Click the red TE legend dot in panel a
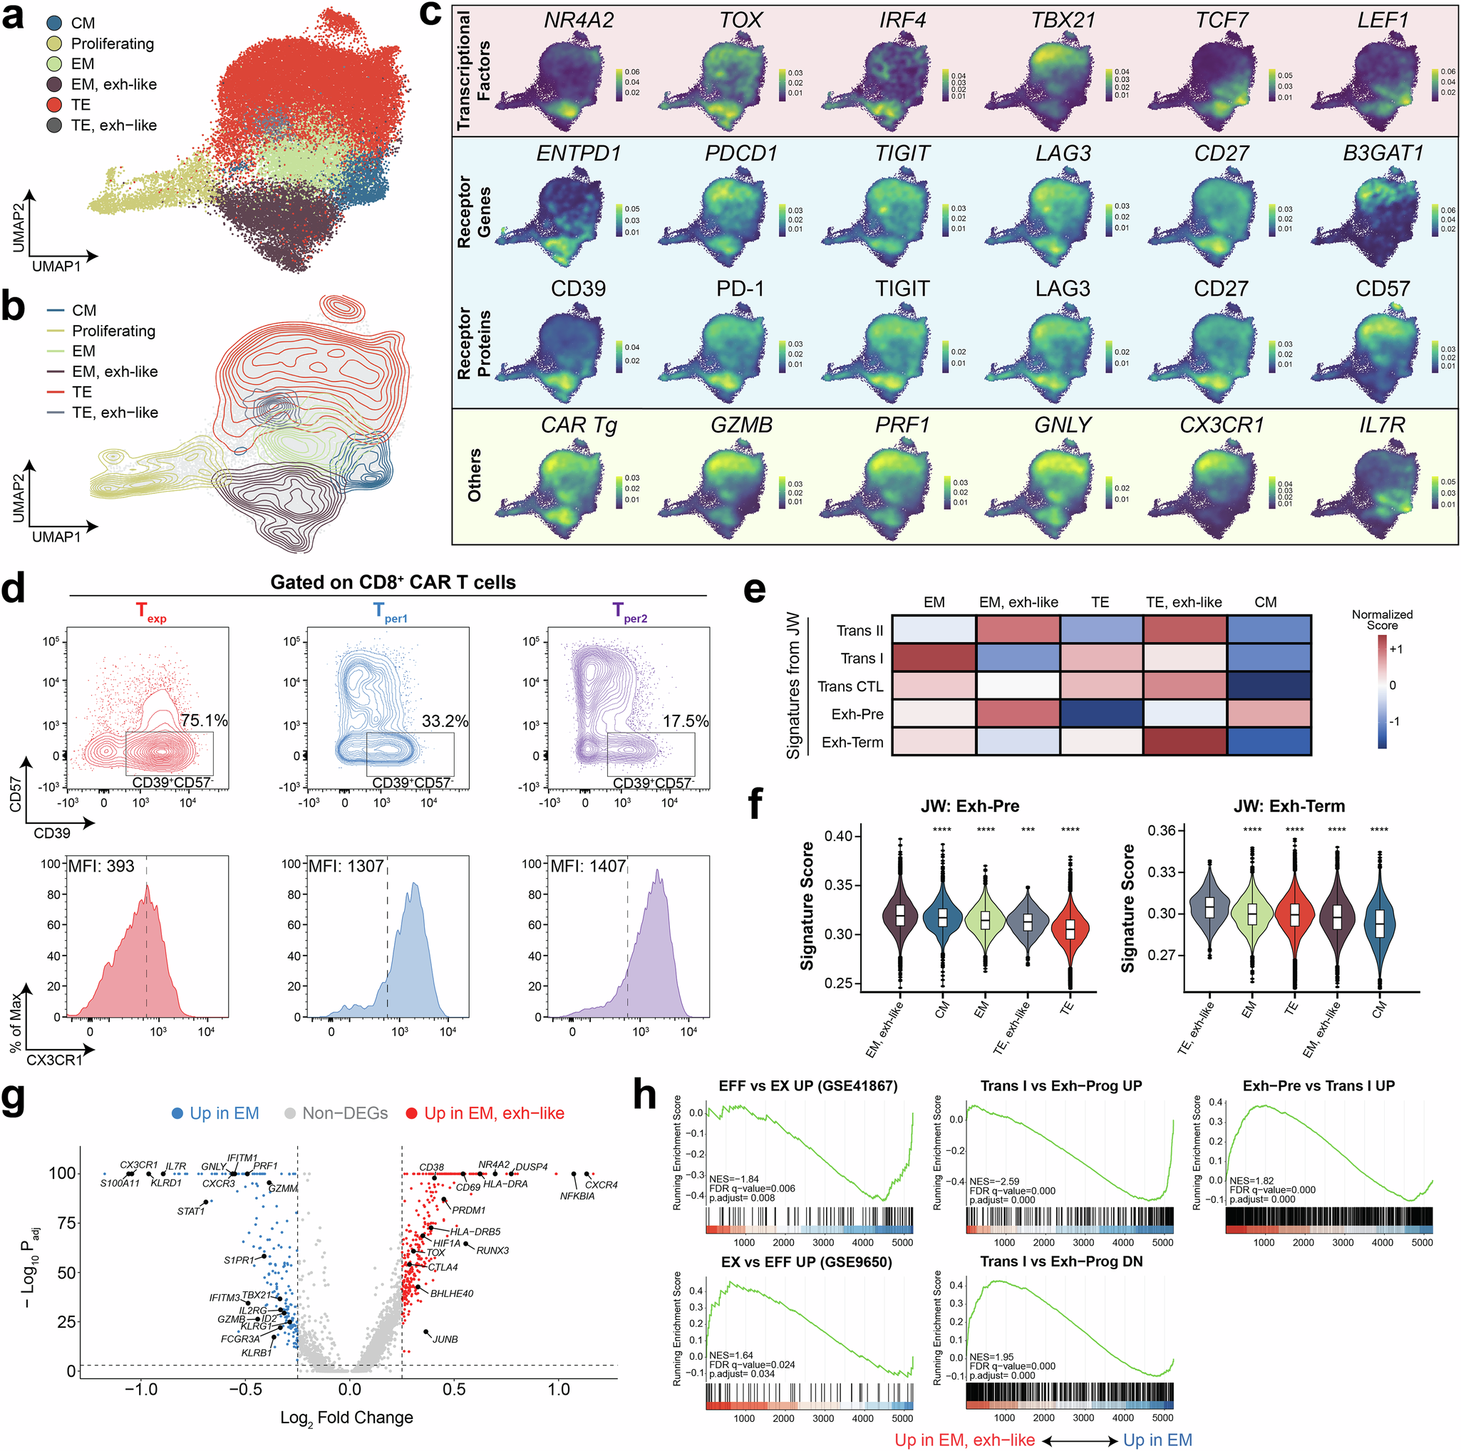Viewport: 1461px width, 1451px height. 53,104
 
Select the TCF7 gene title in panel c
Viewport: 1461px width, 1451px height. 1222,21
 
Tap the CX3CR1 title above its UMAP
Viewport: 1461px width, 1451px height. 1222,425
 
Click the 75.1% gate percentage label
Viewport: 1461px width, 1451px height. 203,721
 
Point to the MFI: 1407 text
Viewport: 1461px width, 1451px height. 587,866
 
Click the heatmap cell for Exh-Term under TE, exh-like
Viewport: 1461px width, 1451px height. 1184,742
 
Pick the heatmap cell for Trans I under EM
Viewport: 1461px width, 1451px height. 934,658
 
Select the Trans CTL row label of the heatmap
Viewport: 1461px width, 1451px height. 850,686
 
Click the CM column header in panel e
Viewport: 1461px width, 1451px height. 1265,603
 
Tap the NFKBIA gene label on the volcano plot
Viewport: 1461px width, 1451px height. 577,1196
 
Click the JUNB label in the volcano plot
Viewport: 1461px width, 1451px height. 445,1339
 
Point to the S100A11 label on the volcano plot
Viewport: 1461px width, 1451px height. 120,1183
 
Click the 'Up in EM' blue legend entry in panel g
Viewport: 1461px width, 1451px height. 215,1113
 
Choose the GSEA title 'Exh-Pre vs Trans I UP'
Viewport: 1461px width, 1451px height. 1318,1086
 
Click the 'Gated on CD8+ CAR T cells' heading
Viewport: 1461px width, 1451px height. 393,582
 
